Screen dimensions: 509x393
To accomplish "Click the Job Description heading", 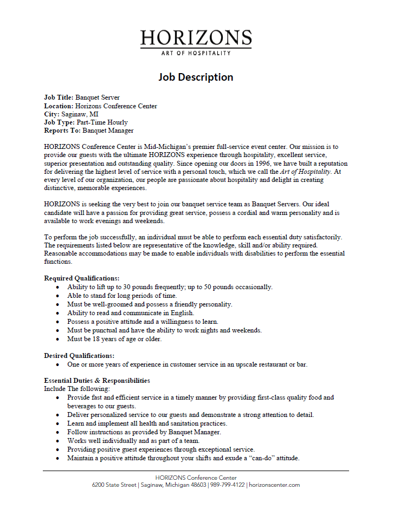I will [x=196, y=77].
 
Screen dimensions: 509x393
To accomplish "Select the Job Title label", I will [x=59, y=97].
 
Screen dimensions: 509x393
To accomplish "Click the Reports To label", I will [x=62, y=130].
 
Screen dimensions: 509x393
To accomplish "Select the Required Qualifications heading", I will [x=81, y=278].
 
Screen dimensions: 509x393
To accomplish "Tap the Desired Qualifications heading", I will [x=79, y=356].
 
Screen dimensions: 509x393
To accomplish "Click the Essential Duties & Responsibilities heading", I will [x=97, y=381].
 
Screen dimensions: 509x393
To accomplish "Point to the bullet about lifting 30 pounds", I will [x=170, y=287].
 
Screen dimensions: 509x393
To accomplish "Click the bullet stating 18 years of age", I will [x=114, y=339].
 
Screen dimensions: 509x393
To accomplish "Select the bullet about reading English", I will [x=131, y=313].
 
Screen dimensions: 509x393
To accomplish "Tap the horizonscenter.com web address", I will [x=274, y=485].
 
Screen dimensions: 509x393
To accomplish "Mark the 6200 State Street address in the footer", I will [x=114, y=485].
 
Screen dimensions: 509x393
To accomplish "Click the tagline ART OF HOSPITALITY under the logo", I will [x=196, y=53].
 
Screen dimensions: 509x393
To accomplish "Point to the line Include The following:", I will [x=76, y=389].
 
